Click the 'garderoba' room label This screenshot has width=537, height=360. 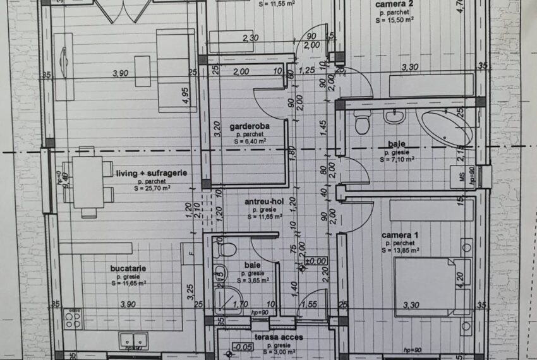[x=250, y=126]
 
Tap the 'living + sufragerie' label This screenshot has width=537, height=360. [x=152, y=172]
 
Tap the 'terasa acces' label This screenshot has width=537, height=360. [x=279, y=337]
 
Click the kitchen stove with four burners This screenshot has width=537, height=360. [x=73, y=318]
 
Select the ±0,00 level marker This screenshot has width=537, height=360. [x=315, y=261]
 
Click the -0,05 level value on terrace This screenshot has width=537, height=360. [x=242, y=347]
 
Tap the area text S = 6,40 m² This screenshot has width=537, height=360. [x=250, y=142]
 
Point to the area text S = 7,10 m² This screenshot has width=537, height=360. [x=398, y=160]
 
